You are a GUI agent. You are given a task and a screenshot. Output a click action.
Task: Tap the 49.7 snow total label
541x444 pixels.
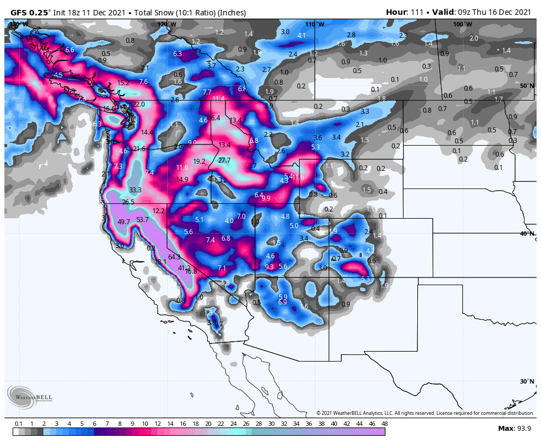click(x=124, y=222)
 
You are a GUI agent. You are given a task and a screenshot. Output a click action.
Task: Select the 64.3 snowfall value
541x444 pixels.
click(x=174, y=257)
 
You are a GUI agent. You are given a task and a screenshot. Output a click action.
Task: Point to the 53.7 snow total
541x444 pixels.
click(x=142, y=220)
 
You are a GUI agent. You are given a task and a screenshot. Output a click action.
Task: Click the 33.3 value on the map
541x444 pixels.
click(x=135, y=190)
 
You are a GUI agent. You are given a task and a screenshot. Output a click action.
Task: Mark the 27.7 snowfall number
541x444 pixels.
click(x=224, y=160)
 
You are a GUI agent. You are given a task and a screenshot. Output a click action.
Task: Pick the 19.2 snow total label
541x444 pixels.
click(x=199, y=162)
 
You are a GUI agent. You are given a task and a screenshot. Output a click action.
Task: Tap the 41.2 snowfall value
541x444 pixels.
click(x=184, y=268)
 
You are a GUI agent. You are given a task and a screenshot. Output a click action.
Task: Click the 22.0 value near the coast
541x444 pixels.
click(x=139, y=104)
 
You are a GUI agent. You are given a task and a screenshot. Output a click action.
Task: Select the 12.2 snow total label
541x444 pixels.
click(x=159, y=211)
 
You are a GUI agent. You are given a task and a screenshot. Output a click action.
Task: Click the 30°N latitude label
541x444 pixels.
click(x=527, y=381)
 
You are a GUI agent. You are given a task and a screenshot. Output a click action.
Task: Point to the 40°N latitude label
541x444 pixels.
click(x=527, y=234)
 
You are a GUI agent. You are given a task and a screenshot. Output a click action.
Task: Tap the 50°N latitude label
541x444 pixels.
click(x=527, y=86)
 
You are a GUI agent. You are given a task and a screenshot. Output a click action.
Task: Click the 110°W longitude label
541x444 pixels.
click(x=314, y=24)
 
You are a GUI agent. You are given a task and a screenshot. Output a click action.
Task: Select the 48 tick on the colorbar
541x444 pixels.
click(x=384, y=424)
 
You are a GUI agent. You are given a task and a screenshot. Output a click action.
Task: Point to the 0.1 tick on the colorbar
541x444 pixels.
click(x=18, y=424)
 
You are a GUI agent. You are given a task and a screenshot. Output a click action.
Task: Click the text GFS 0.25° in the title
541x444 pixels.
click(x=30, y=12)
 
